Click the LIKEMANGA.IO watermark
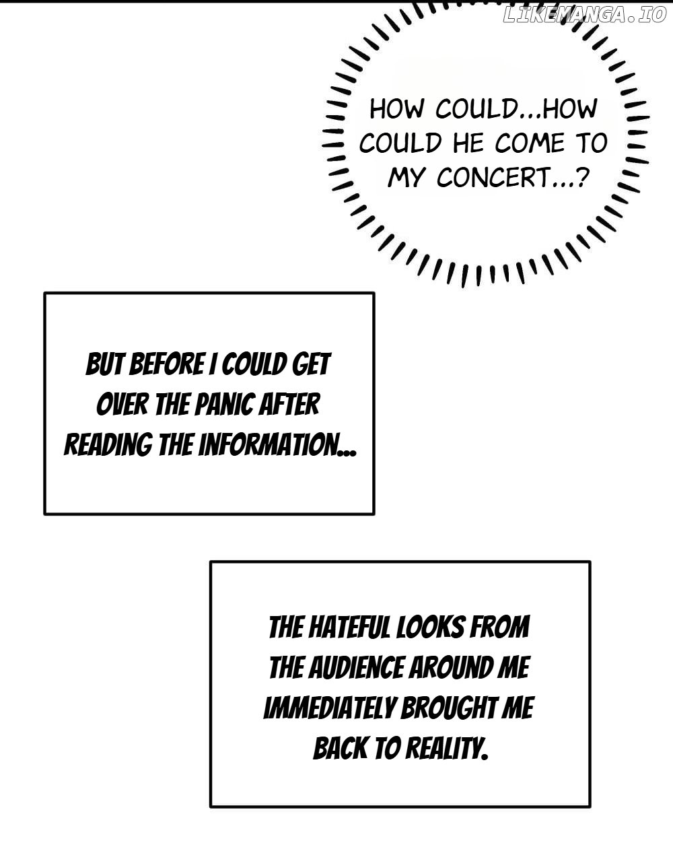point(583,15)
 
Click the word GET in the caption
point(312,365)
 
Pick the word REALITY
point(444,748)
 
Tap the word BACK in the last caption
point(341,748)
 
